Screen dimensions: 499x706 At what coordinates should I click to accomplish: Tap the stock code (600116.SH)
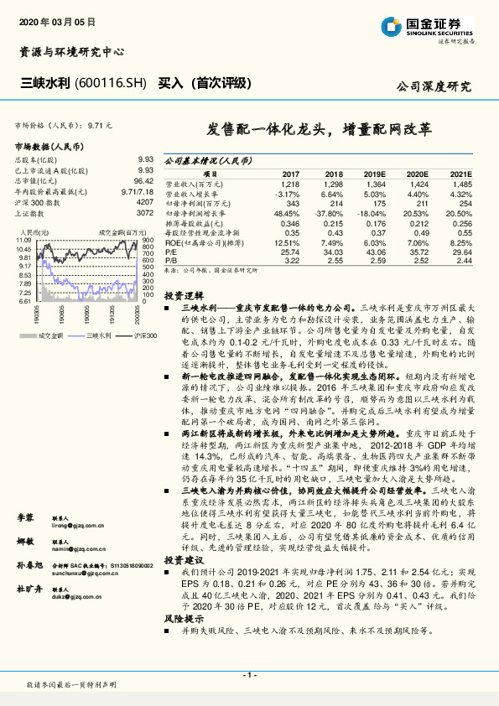(x=110, y=84)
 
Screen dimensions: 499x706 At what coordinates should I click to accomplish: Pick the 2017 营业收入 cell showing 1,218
(x=290, y=183)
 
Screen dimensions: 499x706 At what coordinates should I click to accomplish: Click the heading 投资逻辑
(x=184, y=296)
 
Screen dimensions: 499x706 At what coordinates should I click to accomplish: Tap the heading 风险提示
(x=184, y=617)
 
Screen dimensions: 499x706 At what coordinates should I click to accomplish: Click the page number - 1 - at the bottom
(x=249, y=673)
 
